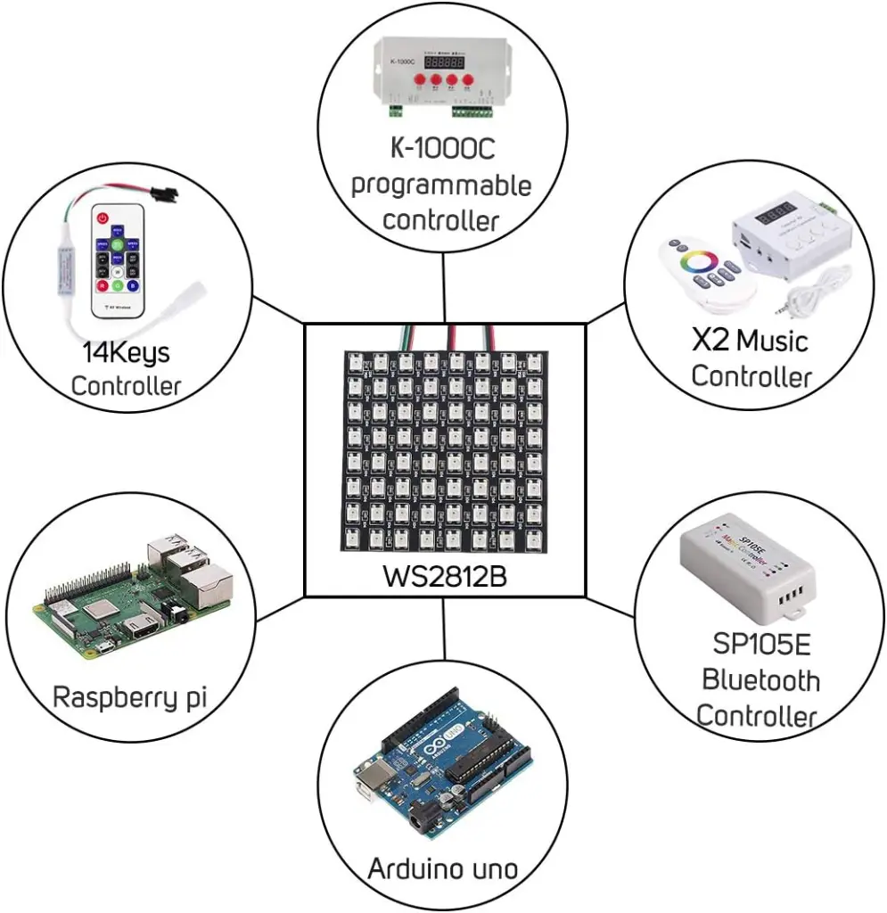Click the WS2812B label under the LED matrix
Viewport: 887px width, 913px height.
[x=445, y=577]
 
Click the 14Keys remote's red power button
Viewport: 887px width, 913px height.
[x=103, y=218]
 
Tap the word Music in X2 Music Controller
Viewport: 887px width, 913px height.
[x=772, y=341]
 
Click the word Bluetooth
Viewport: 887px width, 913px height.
[x=760, y=680]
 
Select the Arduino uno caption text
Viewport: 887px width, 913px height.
[x=443, y=868]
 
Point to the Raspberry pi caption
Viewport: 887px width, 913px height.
[x=130, y=696]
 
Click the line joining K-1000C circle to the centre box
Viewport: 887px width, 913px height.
[x=443, y=287]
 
